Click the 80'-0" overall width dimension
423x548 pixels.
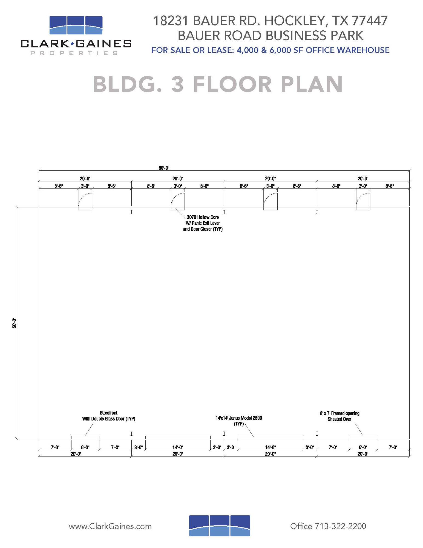point(164,168)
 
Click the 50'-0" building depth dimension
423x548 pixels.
point(15,323)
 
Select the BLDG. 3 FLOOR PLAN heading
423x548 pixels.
point(218,84)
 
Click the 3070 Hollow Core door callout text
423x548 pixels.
point(203,223)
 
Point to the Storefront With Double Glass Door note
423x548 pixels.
point(109,416)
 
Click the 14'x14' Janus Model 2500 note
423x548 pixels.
point(239,421)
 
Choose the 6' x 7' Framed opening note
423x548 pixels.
point(339,416)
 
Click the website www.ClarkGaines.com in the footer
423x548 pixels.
point(110,526)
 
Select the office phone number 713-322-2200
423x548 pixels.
point(340,526)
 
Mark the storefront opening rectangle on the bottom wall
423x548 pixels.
point(85,437)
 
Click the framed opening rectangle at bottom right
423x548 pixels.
point(363,437)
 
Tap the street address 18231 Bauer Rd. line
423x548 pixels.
point(270,21)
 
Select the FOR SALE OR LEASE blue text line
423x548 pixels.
point(270,50)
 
